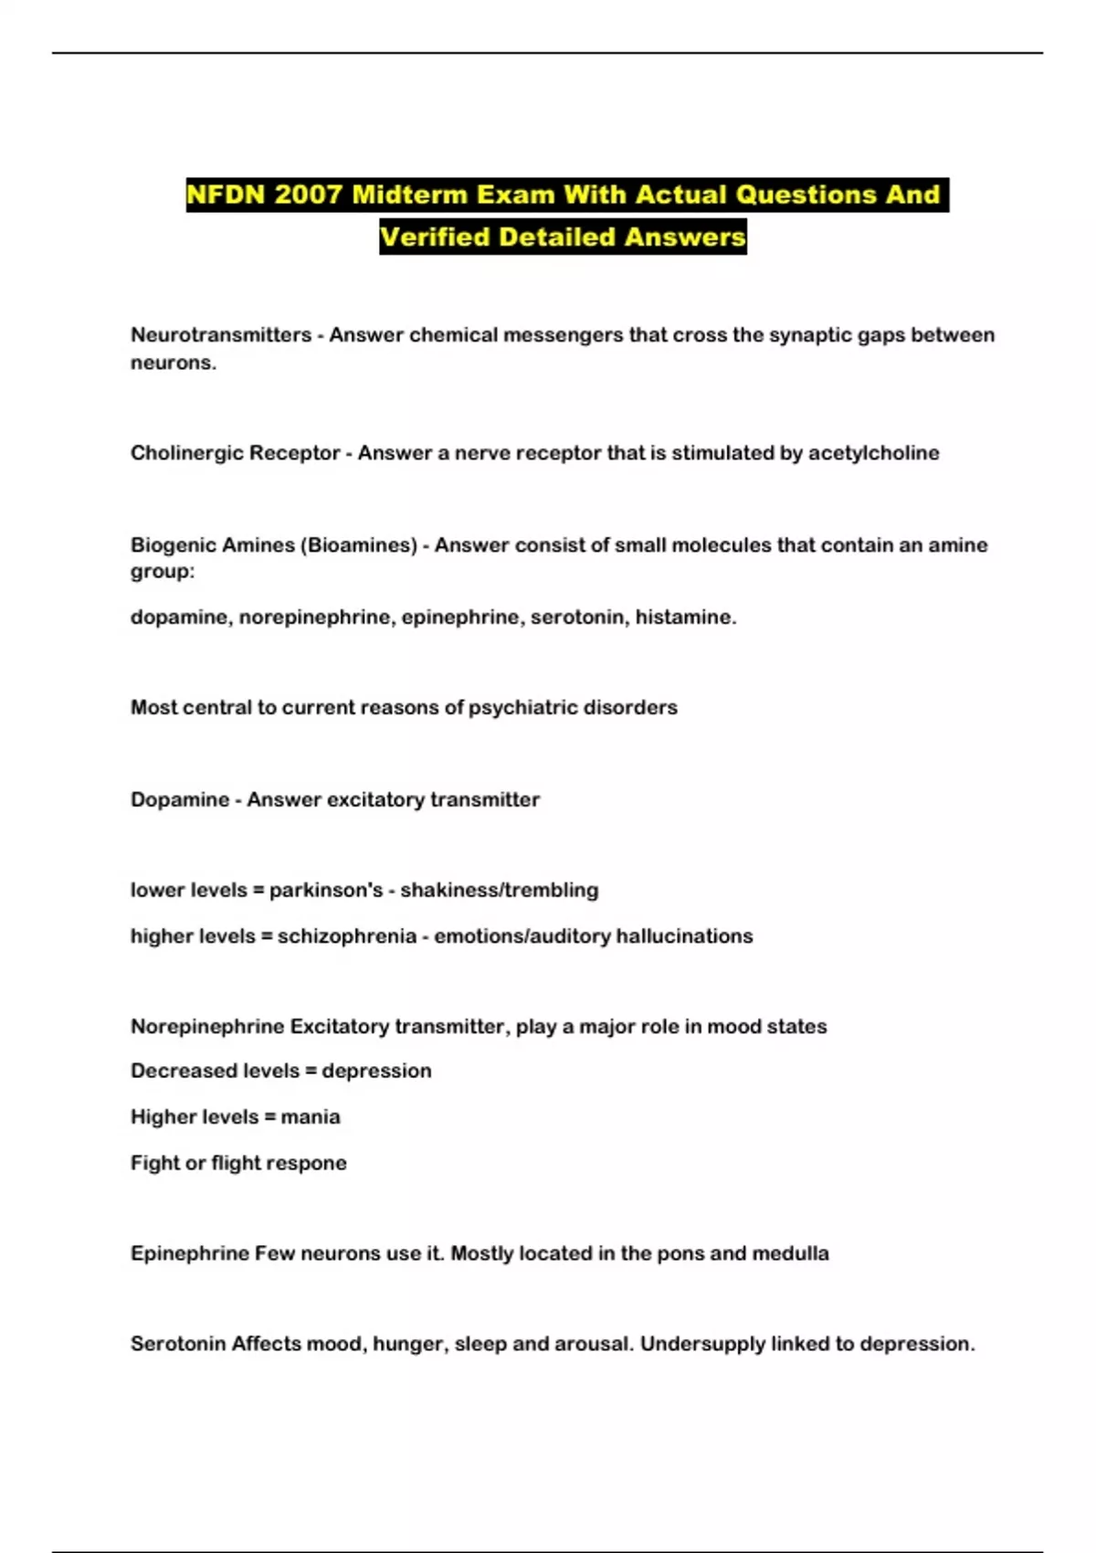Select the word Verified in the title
435,237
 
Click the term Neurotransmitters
221,335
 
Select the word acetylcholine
873,453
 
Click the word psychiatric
522,708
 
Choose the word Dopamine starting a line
180,800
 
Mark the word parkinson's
326,891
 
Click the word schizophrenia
347,936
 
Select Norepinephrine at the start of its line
207,1027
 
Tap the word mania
311,1117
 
